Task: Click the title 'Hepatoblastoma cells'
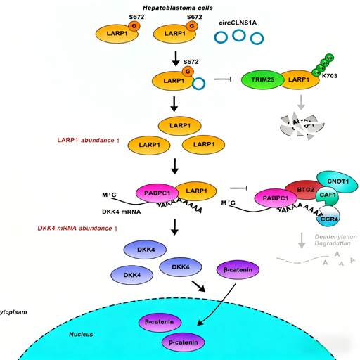pyautogui.click(x=179, y=7)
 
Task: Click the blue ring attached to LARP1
pyautogui.click(x=198, y=84)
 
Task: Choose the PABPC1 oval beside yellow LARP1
pyautogui.click(x=153, y=190)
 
